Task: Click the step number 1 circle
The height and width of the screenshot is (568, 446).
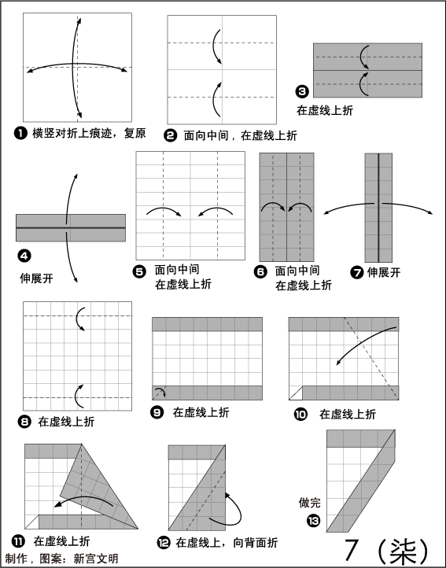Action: [x=20, y=133]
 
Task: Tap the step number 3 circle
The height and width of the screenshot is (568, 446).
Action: [x=302, y=91]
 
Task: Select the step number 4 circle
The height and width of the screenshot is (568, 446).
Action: [x=24, y=256]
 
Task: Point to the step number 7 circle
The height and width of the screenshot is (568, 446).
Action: [x=357, y=272]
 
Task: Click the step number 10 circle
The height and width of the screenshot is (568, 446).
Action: [x=300, y=414]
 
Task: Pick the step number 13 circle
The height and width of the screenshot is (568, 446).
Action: [x=314, y=521]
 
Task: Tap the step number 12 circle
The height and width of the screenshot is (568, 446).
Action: [x=164, y=543]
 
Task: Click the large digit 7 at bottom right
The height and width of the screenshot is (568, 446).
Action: [x=351, y=550]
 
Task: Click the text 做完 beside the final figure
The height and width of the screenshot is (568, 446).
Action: [x=309, y=503]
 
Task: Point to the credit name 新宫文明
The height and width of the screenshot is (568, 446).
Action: [x=96, y=559]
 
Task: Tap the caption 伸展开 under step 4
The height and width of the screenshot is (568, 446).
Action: [x=36, y=278]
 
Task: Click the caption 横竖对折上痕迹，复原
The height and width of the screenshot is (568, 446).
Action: [x=89, y=133]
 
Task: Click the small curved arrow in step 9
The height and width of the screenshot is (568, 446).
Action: [x=160, y=391]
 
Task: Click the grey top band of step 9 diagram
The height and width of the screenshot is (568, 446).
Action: [x=207, y=324]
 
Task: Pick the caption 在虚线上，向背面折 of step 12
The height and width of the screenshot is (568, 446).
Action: [x=227, y=543]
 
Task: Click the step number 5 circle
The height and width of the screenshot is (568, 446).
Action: [x=139, y=271]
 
